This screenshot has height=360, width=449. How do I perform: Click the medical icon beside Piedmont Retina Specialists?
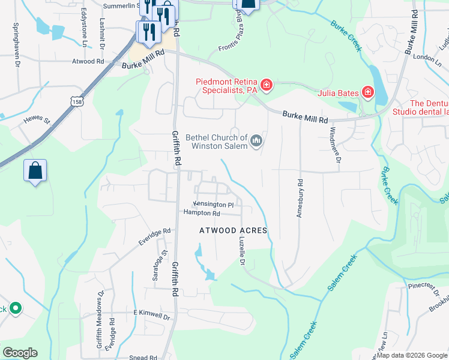point(267,86)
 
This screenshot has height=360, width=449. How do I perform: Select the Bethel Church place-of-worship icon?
point(257,141)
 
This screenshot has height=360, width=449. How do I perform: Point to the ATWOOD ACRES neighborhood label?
point(234,230)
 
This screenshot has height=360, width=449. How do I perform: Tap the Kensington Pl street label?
point(212,205)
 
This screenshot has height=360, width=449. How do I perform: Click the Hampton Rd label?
point(202,213)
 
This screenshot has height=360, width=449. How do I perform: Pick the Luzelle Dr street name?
point(242,251)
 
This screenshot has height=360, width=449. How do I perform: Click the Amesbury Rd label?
point(299,199)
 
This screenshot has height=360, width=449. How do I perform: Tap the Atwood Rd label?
point(88,61)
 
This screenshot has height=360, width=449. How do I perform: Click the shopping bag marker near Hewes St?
point(35,171)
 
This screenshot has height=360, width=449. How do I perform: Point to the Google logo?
point(20,353)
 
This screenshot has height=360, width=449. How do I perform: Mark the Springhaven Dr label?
point(16,37)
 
